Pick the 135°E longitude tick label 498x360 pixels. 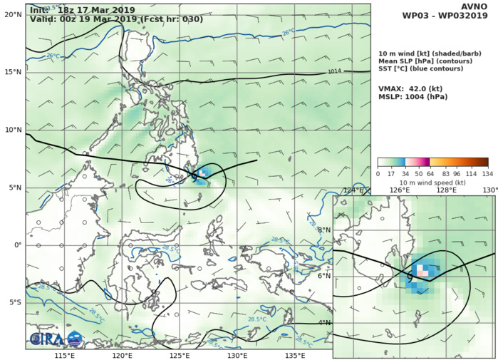(x=295, y=354)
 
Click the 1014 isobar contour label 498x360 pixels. (x=336, y=71)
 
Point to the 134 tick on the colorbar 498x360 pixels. (x=487, y=173)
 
